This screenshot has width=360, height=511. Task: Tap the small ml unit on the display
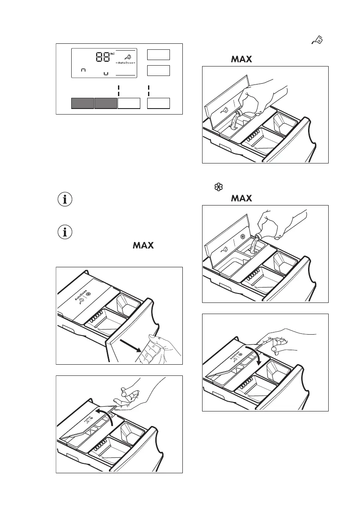pyautogui.click(x=112, y=54)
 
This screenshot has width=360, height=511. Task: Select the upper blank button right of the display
pyautogui.click(x=158, y=54)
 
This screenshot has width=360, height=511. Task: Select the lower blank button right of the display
pyautogui.click(x=158, y=70)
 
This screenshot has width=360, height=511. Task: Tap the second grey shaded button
pyautogui.click(x=106, y=103)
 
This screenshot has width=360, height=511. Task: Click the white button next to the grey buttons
pyautogui.click(x=129, y=103)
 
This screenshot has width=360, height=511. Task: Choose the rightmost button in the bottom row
pyautogui.click(x=158, y=103)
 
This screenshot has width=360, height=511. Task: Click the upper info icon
pyautogui.click(x=65, y=200)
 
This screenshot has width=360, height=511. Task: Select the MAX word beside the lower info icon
pyautogui.click(x=143, y=246)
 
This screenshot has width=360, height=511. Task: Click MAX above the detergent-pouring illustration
pyautogui.click(x=241, y=59)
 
